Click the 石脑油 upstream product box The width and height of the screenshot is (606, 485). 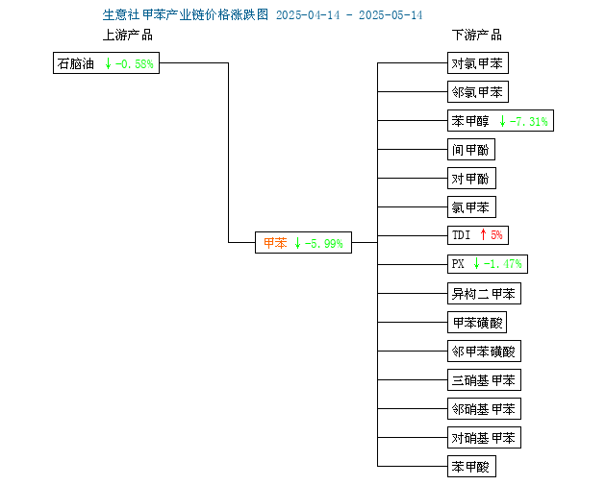106,62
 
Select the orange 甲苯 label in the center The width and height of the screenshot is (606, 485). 275,243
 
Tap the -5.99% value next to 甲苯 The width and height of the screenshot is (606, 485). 324,244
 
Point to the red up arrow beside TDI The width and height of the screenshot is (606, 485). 483,234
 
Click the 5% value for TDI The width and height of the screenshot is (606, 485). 496,235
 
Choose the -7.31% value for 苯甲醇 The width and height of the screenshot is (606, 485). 529,122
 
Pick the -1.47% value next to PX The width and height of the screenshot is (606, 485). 503,264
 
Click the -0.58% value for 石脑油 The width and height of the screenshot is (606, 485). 135,63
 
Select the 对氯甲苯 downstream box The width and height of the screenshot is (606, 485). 478,62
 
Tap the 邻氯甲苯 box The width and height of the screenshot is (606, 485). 478,92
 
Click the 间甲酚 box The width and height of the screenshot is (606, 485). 471,149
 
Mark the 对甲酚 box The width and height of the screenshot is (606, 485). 471,179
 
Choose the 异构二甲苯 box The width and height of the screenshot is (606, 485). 484,294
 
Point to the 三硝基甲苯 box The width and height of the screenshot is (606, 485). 484,380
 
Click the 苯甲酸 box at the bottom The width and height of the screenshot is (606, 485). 471,467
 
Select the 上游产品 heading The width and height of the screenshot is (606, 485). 128,36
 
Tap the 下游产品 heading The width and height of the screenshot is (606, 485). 477,36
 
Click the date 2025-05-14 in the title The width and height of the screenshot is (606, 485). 391,15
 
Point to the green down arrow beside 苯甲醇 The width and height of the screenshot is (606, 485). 502,121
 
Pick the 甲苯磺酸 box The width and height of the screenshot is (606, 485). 477,323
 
